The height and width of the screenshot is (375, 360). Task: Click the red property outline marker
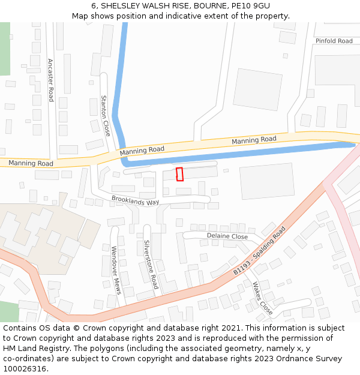[179, 174]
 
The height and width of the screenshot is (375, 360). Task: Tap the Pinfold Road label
[334, 41]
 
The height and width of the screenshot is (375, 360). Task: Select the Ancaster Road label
[51, 80]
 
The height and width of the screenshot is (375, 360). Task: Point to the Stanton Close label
[105, 115]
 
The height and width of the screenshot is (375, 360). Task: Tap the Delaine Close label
[227, 236]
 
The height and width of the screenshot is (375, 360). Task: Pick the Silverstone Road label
[150, 265]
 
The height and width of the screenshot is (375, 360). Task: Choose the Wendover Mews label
[116, 270]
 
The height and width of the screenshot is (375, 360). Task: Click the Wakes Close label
[262, 298]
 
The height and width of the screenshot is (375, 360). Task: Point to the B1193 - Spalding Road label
[259, 251]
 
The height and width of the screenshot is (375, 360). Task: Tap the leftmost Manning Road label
[31, 163]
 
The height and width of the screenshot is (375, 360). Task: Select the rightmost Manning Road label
[254, 140]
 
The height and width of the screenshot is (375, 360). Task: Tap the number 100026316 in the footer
[25, 369]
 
